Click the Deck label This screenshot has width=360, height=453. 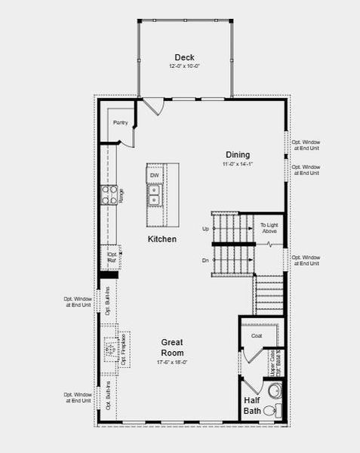click(x=184, y=57)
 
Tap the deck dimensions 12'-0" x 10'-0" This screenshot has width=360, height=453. click(x=184, y=66)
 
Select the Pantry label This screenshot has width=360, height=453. click(x=120, y=122)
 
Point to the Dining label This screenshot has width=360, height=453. click(x=237, y=155)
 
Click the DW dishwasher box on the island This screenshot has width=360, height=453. click(x=155, y=176)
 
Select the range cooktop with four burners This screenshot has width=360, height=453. click(x=109, y=195)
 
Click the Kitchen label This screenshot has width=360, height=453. click(x=162, y=239)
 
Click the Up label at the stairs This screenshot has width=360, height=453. click(x=205, y=228)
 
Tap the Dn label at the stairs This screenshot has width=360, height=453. click(x=205, y=260)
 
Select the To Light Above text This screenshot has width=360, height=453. click(x=269, y=228)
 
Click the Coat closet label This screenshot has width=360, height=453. click(x=256, y=336)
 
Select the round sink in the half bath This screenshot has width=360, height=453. click(x=274, y=391)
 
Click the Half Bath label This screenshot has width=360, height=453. click(x=251, y=406)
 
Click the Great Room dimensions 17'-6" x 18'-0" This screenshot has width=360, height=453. click(x=172, y=363)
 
